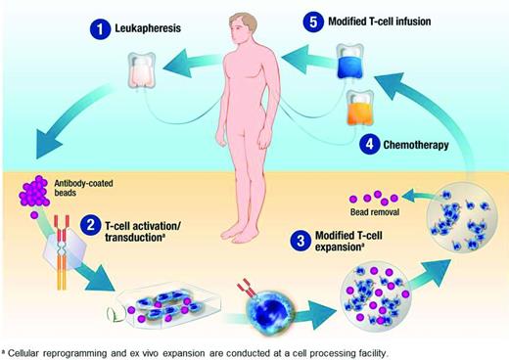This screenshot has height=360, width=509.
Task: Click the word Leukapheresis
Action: point(145,30)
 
